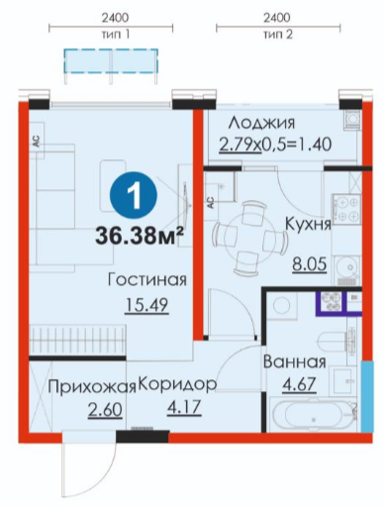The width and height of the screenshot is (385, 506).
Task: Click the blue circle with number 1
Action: tap(134, 197)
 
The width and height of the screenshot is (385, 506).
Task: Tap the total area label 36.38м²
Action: tap(140, 237)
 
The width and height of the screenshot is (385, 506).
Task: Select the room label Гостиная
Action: tap(147, 280)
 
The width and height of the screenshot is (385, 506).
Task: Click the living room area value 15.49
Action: tap(146, 305)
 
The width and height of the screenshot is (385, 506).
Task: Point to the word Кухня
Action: tap(308, 224)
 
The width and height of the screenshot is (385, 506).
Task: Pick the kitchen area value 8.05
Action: tap(310, 264)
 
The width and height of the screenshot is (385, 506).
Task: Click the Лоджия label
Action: tap(262, 124)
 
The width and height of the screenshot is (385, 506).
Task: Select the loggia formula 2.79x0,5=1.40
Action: tap(275, 145)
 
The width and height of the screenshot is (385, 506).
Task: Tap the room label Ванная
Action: tap(295, 361)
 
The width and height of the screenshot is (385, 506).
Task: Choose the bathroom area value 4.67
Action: tap(300, 384)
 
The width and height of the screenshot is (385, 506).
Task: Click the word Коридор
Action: tap(177, 384)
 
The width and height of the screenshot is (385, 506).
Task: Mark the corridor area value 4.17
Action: tap(184, 407)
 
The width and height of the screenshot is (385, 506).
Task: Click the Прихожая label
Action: tap(92, 387)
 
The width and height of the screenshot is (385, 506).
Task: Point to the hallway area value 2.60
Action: tap(105, 410)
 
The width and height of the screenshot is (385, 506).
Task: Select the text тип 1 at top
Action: tap(115, 35)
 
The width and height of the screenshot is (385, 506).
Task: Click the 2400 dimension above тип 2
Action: tap(277, 18)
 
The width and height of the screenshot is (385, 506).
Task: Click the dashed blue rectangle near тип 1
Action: tap(111, 60)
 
